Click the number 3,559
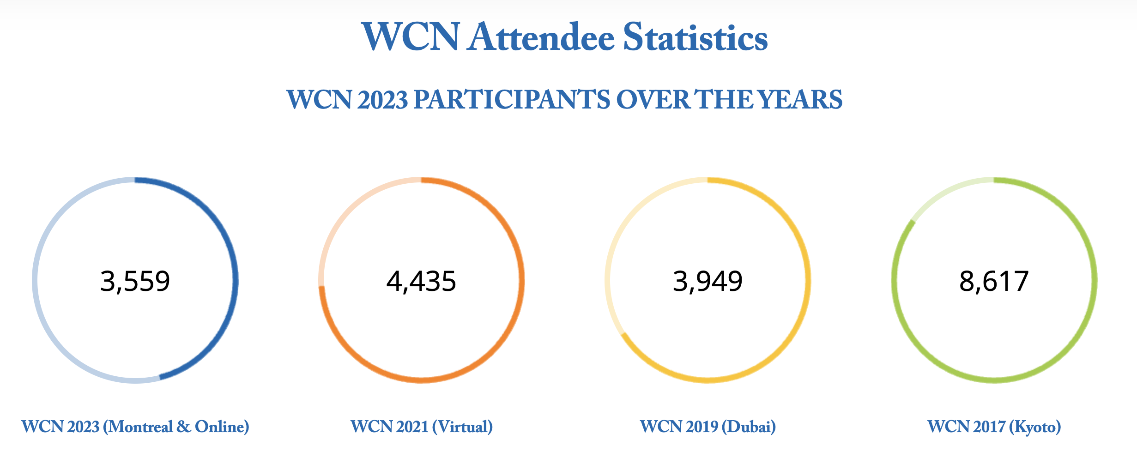pyautogui.click(x=135, y=281)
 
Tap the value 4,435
pyautogui.click(x=421, y=281)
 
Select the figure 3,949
pyautogui.click(x=708, y=281)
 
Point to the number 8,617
pyautogui.click(x=994, y=281)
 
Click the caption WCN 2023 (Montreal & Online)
pyautogui.click(x=135, y=427)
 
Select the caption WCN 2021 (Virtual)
pyautogui.click(x=422, y=427)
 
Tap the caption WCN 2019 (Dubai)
pyautogui.click(x=708, y=427)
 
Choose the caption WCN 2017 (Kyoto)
pyautogui.click(x=994, y=427)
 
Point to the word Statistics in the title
pyautogui.click(x=696, y=37)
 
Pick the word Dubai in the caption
pyautogui.click(x=749, y=427)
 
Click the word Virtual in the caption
pyautogui.click(x=462, y=427)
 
